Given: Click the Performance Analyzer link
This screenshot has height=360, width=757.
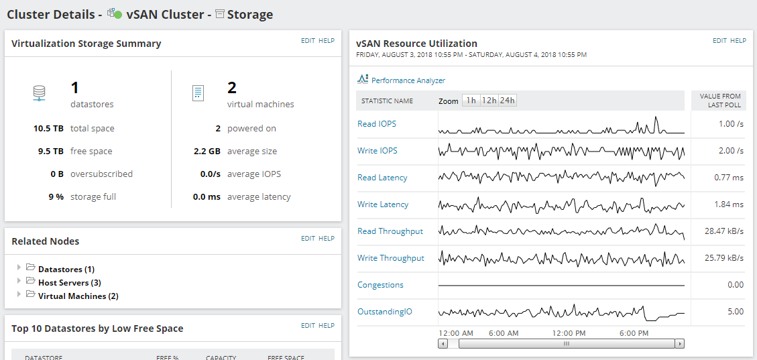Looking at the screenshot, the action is pyautogui.click(x=408, y=80).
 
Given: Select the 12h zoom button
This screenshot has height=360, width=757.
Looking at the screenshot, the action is pyautogui.click(x=489, y=101).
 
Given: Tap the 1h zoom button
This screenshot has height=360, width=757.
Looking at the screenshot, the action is pyautogui.click(x=471, y=101).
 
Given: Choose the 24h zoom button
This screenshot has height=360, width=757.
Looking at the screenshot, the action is pyautogui.click(x=507, y=101).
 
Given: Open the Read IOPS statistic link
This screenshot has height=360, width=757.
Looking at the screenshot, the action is pyautogui.click(x=377, y=124).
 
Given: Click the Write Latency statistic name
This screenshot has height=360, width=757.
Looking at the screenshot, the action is pyautogui.click(x=383, y=204).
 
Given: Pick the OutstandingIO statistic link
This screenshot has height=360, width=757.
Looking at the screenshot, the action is pyautogui.click(x=385, y=312).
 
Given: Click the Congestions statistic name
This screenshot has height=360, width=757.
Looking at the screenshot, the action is pyautogui.click(x=380, y=285).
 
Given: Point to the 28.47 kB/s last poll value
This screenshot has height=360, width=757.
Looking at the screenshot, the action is pyautogui.click(x=724, y=231).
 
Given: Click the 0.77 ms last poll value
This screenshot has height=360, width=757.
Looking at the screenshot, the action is pyautogui.click(x=729, y=178).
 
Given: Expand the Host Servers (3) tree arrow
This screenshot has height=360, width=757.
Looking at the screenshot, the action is pyautogui.click(x=19, y=280).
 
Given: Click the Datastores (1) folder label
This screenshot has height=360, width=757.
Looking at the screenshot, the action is pyautogui.click(x=66, y=269).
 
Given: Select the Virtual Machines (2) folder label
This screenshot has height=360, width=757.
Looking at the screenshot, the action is pyautogui.click(x=78, y=296).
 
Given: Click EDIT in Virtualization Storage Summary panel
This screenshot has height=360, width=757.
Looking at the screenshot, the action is pyautogui.click(x=308, y=41).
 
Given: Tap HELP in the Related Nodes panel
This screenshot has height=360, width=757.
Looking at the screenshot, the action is pyautogui.click(x=327, y=239).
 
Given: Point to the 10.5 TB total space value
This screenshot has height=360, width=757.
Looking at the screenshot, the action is pyautogui.click(x=48, y=128).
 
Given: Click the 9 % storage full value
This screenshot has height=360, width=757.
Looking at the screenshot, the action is pyautogui.click(x=56, y=196).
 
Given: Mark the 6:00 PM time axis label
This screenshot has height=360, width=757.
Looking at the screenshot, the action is pyautogui.click(x=634, y=333).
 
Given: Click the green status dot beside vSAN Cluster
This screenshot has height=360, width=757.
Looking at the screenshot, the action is pyautogui.click(x=118, y=15).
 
